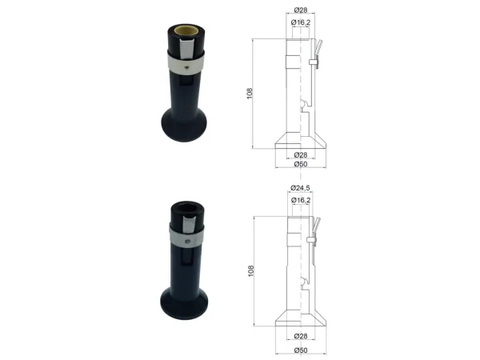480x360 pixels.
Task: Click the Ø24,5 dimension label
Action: tap(300, 188)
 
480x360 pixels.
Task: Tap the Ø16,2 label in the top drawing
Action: tap(301, 22)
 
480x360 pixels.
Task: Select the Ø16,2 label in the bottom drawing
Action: tap(301, 200)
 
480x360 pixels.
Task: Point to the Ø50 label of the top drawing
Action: tap(301, 164)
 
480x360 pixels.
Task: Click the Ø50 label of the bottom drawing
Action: tap(301, 350)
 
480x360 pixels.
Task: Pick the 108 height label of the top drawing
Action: tap(250, 94)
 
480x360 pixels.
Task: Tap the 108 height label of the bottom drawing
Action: tap(250, 271)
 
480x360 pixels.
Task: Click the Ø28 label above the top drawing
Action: tap(301, 10)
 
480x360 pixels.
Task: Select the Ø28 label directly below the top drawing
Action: tap(301, 154)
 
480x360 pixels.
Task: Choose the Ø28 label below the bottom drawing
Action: tap(301, 336)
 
